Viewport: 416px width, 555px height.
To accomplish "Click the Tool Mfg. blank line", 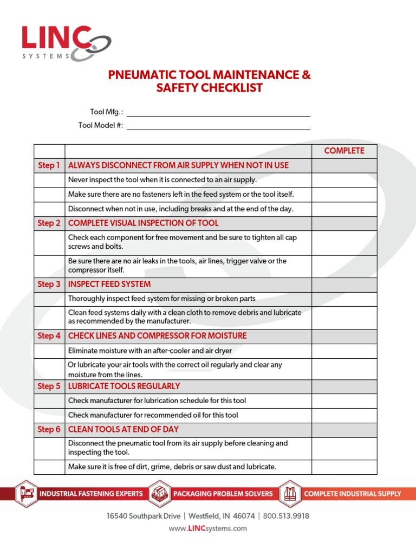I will pyautogui.click(x=218, y=112).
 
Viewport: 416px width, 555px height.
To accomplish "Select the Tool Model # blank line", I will pyautogui.click(x=218, y=126).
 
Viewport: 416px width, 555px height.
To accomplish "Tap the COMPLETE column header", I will pyautogui.click(x=344, y=151).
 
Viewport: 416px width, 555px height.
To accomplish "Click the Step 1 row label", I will pyautogui.click(x=49, y=165).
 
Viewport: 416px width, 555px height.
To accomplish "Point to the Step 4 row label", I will pyautogui.click(x=49, y=336).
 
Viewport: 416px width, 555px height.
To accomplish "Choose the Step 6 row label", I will pyautogui.click(x=49, y=430).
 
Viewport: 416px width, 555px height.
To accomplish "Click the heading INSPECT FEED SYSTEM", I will pyautogui.click(x=109, y=285).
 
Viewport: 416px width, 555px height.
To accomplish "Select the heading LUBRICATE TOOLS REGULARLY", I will pyautogui.click(x=124, y=386).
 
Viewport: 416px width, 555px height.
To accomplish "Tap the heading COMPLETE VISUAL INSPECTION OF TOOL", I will pyautogui.click(x=143, y=223).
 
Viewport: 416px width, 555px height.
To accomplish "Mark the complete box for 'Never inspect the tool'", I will pyautogui.click(x=344, y=180).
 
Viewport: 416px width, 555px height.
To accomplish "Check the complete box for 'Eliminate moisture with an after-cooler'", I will pyautogui.click(x=344, y=351).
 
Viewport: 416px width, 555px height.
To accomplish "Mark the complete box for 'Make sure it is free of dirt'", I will pyautogui.click(x=344, y=467).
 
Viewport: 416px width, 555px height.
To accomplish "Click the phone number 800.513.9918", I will pyautogui.click(x=286, y=516).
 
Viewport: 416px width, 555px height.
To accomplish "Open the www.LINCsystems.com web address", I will pyautogui.click(x=207, y=528).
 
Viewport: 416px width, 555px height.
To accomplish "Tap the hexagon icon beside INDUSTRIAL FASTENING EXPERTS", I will pyautogui.click(x=25, y=494).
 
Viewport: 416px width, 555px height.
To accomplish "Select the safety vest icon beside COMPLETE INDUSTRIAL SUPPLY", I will pyautogui.click(x=290, y=494).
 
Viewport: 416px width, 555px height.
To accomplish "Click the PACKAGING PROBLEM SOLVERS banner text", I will pyautogui.click(x=223, y=494).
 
